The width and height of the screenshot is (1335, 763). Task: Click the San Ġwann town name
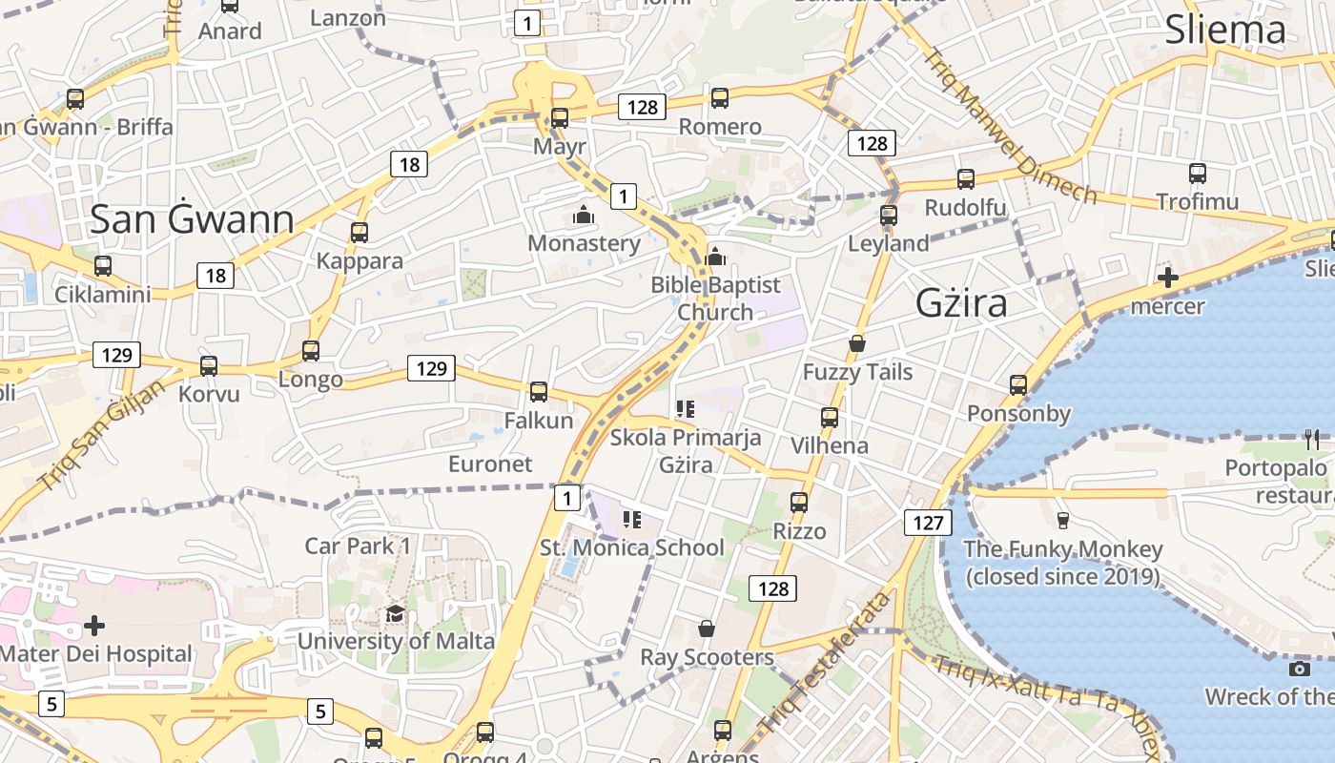coord(192,220)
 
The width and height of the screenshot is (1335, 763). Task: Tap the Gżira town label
coord(961,302)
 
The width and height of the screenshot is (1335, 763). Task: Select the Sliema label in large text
coord(1225,31)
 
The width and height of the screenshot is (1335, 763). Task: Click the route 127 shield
coord(927,522)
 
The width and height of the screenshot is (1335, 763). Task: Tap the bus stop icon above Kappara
coord(359,233)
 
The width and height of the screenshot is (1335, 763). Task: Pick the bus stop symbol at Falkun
coord(539,392)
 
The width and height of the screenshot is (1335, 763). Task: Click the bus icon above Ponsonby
coord(1018,385)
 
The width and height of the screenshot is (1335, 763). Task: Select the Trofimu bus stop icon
coord(1198,174)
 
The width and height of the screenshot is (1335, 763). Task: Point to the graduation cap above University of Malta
coord(395,613)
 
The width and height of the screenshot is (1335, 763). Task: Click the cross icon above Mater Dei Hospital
coord(94,626)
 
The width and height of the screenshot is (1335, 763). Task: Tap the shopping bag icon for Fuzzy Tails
coord(857,343)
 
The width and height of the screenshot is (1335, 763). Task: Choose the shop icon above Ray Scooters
coord(707,629)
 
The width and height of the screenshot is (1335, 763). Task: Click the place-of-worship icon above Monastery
coord(584,216)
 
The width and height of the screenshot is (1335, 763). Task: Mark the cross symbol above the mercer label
coord(1167,278)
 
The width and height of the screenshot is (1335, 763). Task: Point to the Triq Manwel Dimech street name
coord(1011,127)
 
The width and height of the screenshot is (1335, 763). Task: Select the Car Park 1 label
coord(358,546)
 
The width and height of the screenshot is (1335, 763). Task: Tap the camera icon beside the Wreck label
coord(1299,669)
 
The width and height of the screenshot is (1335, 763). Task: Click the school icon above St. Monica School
coord(631,520)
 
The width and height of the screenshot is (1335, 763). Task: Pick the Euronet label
coord(490,464)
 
